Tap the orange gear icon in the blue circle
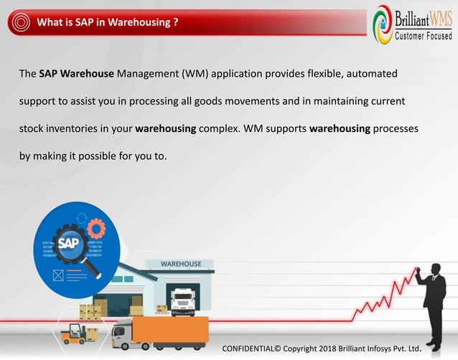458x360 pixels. click(95, 228)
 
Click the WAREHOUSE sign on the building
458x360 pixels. click(181, 264)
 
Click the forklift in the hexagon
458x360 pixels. click(74, 333)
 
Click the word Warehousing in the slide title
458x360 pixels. click(141, 22)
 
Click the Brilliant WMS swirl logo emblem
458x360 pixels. click(383, 24)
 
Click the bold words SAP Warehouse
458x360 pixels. click(77, 74)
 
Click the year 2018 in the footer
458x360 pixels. click(322, 348)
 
